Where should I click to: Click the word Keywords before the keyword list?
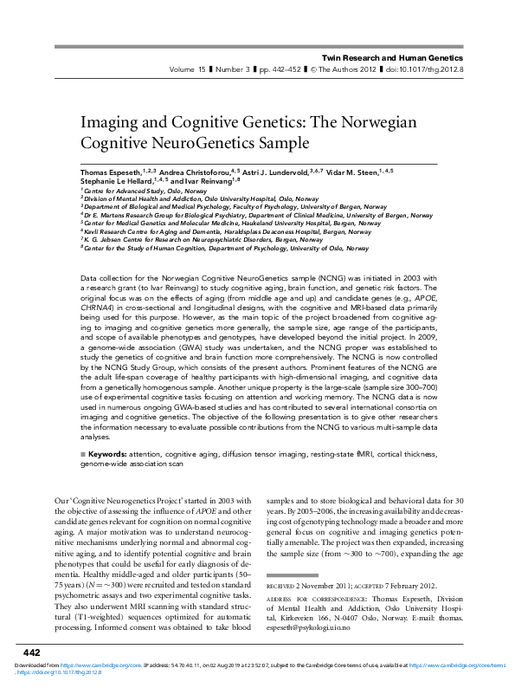pos(106,452)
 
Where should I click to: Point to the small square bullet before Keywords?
pos(81,453)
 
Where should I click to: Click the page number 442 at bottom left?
pos(32,652)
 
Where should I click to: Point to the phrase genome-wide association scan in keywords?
pos(132,464)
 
